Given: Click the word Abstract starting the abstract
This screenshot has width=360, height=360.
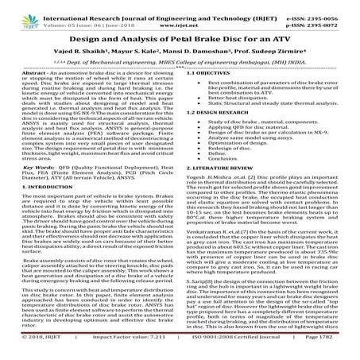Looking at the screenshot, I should tap(26, 73).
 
